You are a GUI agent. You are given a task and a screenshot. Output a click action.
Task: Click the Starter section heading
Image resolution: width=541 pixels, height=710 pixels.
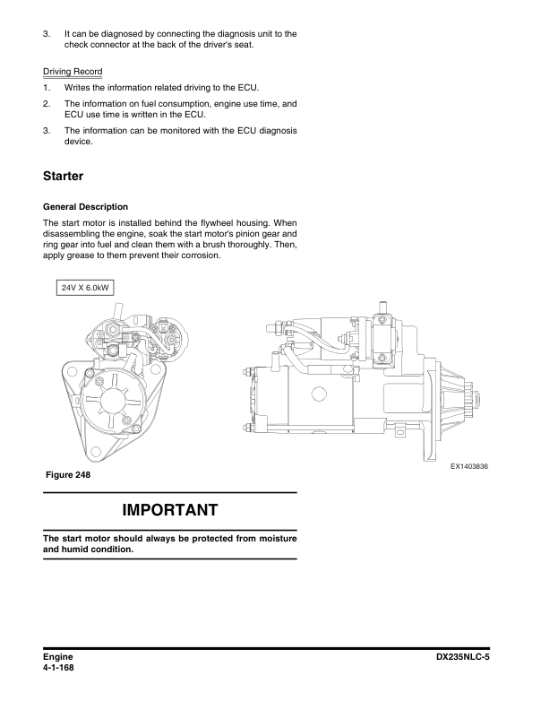click(x=63, y=176)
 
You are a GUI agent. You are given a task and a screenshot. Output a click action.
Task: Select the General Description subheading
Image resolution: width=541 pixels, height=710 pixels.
click(x=85, y=207)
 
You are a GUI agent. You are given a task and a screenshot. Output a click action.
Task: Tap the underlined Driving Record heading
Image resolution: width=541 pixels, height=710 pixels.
click(x=73, y=72)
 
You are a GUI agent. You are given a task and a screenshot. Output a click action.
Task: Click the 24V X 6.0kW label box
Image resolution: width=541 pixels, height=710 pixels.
click(x=85, y=288)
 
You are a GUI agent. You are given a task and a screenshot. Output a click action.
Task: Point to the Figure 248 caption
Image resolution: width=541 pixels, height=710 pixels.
click(x=68, y=474)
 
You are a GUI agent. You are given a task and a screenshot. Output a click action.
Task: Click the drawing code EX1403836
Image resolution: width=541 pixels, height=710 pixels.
click(x=469, y=466)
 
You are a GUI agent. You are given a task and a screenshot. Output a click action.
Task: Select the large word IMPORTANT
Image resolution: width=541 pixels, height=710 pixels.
click(x=170, y=510)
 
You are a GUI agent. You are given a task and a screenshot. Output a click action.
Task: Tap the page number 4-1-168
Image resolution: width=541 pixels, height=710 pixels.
click(x=58, y=668)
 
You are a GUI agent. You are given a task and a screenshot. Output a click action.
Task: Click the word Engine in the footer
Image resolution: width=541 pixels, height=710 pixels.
click(x=58, y=657)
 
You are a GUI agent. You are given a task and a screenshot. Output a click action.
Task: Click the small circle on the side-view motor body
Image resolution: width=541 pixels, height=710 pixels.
click(x=319, y=394)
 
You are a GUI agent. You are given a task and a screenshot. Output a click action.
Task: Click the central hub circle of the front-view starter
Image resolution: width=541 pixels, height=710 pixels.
click(x=112, y=399)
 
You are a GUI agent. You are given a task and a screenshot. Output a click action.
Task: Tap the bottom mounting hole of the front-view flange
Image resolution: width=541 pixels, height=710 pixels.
click(x=96, y=452)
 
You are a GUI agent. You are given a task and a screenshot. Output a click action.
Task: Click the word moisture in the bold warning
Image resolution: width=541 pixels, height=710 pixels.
click(x=277, y=539)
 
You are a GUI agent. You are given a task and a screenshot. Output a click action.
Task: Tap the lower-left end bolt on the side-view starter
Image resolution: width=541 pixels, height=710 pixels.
click(x=246, y=427)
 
